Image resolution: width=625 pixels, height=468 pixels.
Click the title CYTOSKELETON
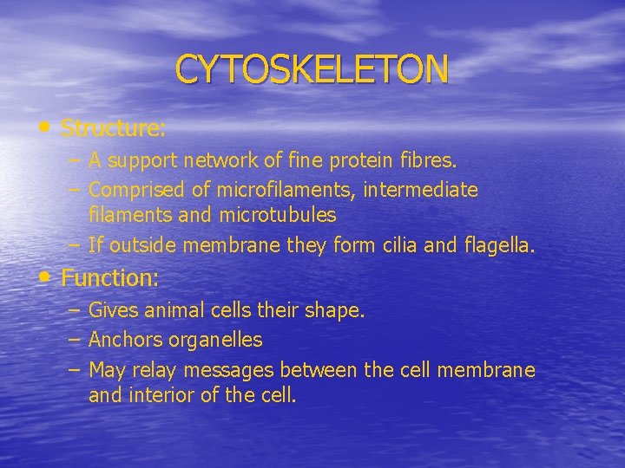click(x=312, y=68)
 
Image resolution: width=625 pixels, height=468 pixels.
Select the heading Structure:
click(x=114, y=128)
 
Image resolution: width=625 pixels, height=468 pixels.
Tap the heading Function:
click(x=110, y=278)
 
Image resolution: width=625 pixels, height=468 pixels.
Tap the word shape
click(x=336, y=310)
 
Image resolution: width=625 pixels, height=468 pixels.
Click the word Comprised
click(x=135, y=189)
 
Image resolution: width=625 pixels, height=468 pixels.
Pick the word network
click(x=220, y=160)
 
